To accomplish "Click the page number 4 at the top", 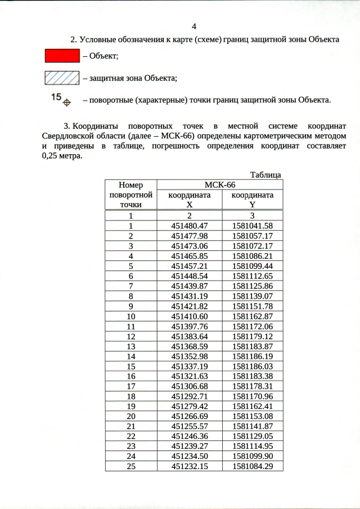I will point(194,26).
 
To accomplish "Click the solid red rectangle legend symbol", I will point(61,56).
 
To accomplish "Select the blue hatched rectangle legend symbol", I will point(61,77).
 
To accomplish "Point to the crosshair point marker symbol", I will point(66,102).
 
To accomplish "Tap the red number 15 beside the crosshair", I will point(56,97).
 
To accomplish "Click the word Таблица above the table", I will point(265,175).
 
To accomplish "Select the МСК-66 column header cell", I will point(219,185).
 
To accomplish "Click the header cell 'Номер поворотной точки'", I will point(130,195).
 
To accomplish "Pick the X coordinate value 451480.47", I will point(190,226).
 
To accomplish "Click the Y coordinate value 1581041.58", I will point(253,226).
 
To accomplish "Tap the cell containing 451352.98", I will point(190,356).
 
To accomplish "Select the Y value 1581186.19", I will point(253,356).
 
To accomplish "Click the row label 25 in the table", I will point(130,466).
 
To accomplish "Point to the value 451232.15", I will point(190,466).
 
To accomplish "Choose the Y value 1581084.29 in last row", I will point(253,466).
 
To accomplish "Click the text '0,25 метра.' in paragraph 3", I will point(62,156).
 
